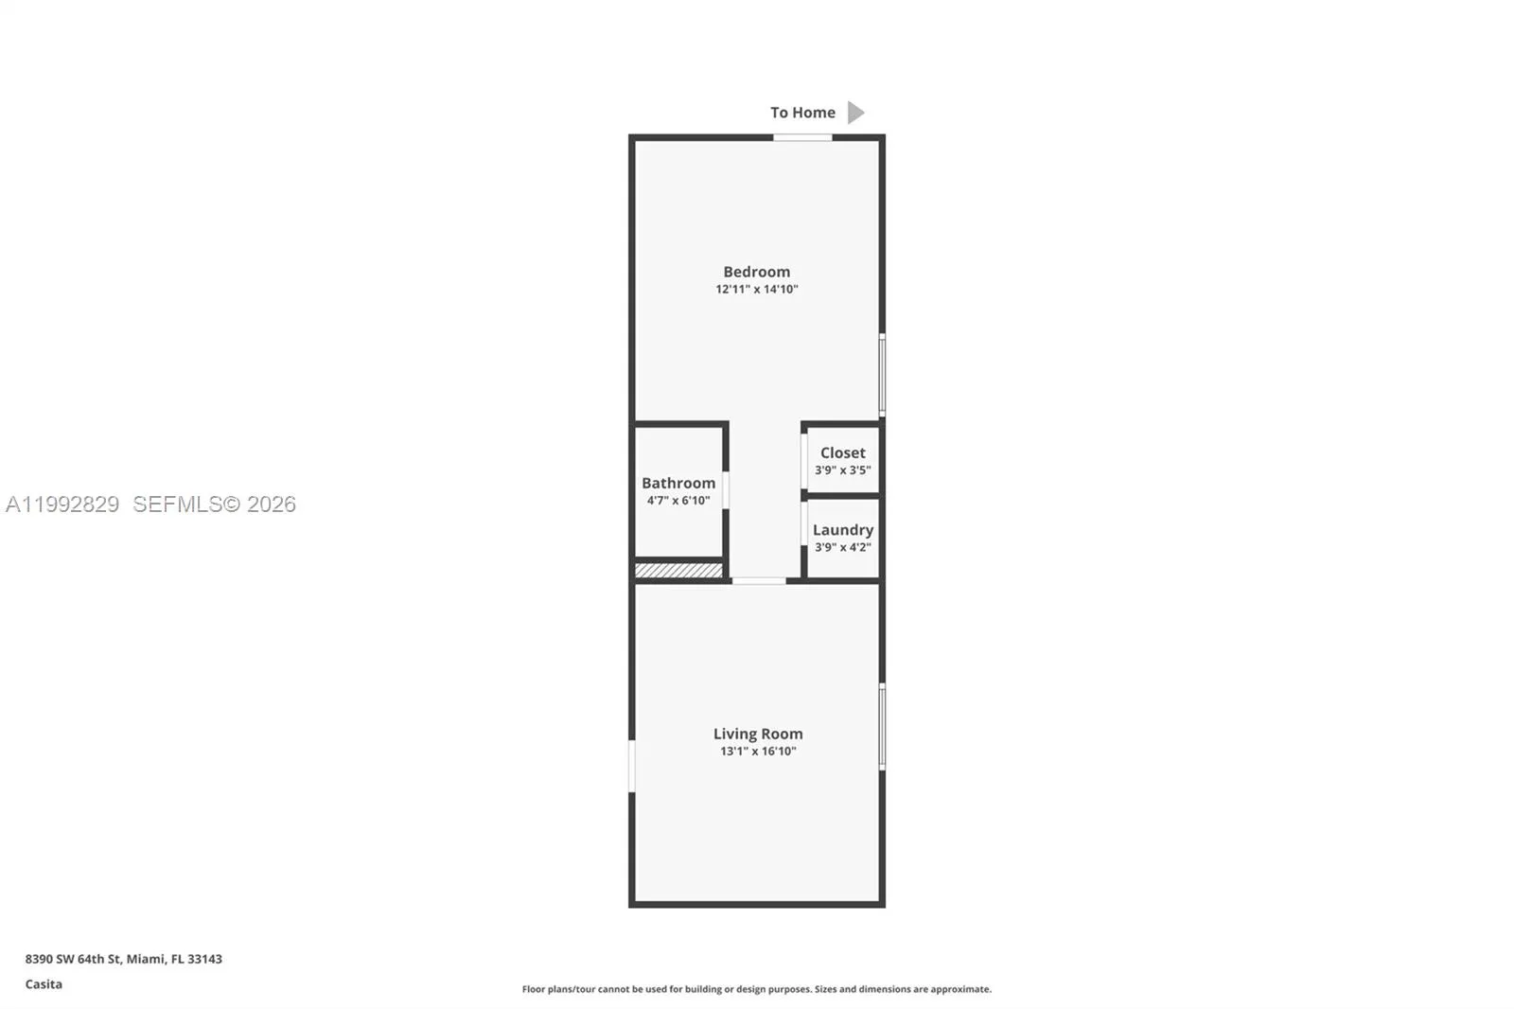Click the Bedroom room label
pos(756,272)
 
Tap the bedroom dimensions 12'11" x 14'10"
pos(756,290)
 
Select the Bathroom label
pos(678,483)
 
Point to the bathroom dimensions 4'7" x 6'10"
pos(678,501)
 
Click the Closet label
pos(842,452)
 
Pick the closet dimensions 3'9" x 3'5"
pos(842,470)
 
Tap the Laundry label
pos(842,530)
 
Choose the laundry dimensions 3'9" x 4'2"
pos(842,548)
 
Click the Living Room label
pos(757,734)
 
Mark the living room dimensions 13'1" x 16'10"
pos(757,752)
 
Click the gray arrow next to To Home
pos(855,113)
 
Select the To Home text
pos(802,113)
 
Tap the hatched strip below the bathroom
pos(678,571)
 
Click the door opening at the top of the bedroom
pos(802,138)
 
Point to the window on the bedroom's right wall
pos(882,375)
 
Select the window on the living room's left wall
pos(632,766)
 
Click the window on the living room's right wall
pos(882,727)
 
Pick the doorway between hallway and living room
pos(758,580)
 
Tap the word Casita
pos(44,984)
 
